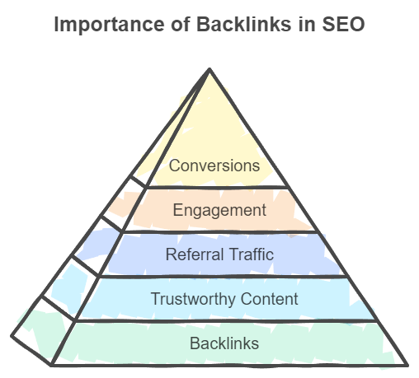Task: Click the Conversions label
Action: click(214, 166)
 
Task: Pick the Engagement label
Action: click(219, 210)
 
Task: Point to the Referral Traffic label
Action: click(219, 254)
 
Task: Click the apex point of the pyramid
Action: click(210, 69)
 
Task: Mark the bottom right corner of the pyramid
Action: click(407, 363)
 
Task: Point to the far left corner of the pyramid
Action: click(12, 334)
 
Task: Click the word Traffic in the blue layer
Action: click(250, 254)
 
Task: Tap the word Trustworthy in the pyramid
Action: click(190, 299)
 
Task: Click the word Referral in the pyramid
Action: click(193, 254)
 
